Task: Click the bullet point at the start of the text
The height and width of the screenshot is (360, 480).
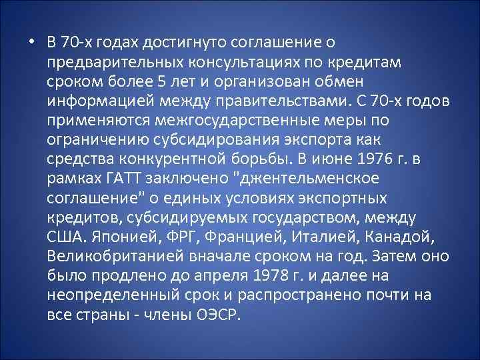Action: click(31, 43)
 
